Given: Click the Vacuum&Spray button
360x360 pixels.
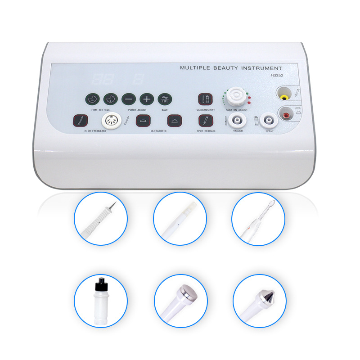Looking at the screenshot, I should (205, 99).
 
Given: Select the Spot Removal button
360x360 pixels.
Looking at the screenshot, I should (205, 121).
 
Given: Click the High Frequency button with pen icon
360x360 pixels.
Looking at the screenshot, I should (81, 121).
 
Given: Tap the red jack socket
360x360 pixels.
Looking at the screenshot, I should (285, 116).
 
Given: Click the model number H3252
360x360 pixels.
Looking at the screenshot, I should (273, 76).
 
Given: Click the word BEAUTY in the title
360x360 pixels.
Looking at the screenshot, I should (224, 68).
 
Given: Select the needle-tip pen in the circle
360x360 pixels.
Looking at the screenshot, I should (101, 218).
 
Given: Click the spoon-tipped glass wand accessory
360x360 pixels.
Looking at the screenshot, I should (258, 218).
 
